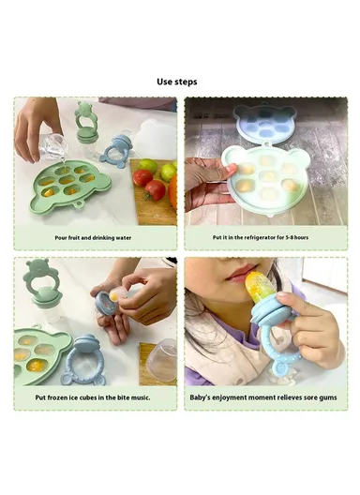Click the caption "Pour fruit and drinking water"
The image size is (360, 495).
(x=93, y=238)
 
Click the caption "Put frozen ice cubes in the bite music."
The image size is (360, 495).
(x=93, y=397)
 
